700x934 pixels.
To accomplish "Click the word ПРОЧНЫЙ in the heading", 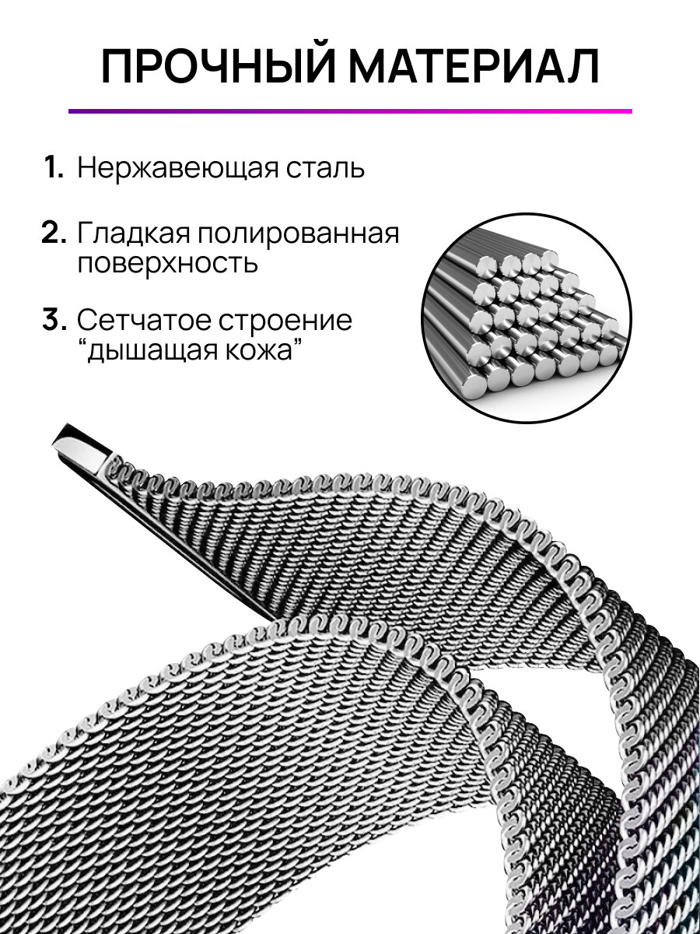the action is click(x=219, y=67).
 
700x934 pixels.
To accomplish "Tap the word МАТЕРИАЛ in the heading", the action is click(x=473, y=67).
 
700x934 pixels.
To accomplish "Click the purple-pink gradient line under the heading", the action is click(x=350, y=111).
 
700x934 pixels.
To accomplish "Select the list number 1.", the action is click(x=54, y=168).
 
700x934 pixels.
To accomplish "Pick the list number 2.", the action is click(x=54, y=234).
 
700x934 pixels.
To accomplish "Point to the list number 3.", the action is click(x=54, y=321).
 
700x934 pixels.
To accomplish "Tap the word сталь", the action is click(x=324, y=168).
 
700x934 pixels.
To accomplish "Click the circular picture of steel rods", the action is click(x=526, y=318).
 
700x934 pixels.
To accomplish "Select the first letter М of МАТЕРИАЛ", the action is click(x=370, y=68).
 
